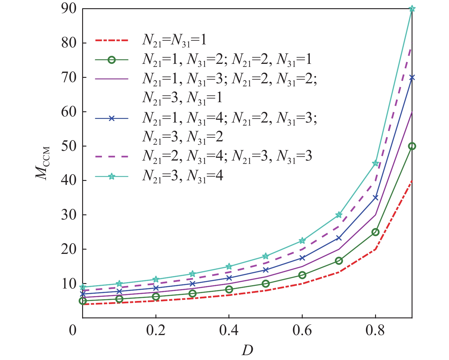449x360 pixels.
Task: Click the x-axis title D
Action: pos(247,351)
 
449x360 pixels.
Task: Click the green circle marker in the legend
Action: pos(112,60)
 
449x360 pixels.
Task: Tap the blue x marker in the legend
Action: pos(112,119)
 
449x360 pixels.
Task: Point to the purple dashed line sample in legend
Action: pos(112,157)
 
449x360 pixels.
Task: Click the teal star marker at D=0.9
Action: pos(412,9)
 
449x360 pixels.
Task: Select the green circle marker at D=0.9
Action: pos(412,146)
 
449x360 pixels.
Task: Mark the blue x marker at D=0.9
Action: pos(412,78)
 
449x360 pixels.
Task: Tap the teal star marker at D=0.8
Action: pos(375,163)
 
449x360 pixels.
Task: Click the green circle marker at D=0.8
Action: pos(375,232)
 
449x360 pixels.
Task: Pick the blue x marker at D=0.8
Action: pos(375,198)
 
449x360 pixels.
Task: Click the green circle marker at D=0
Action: pos(83,301)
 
